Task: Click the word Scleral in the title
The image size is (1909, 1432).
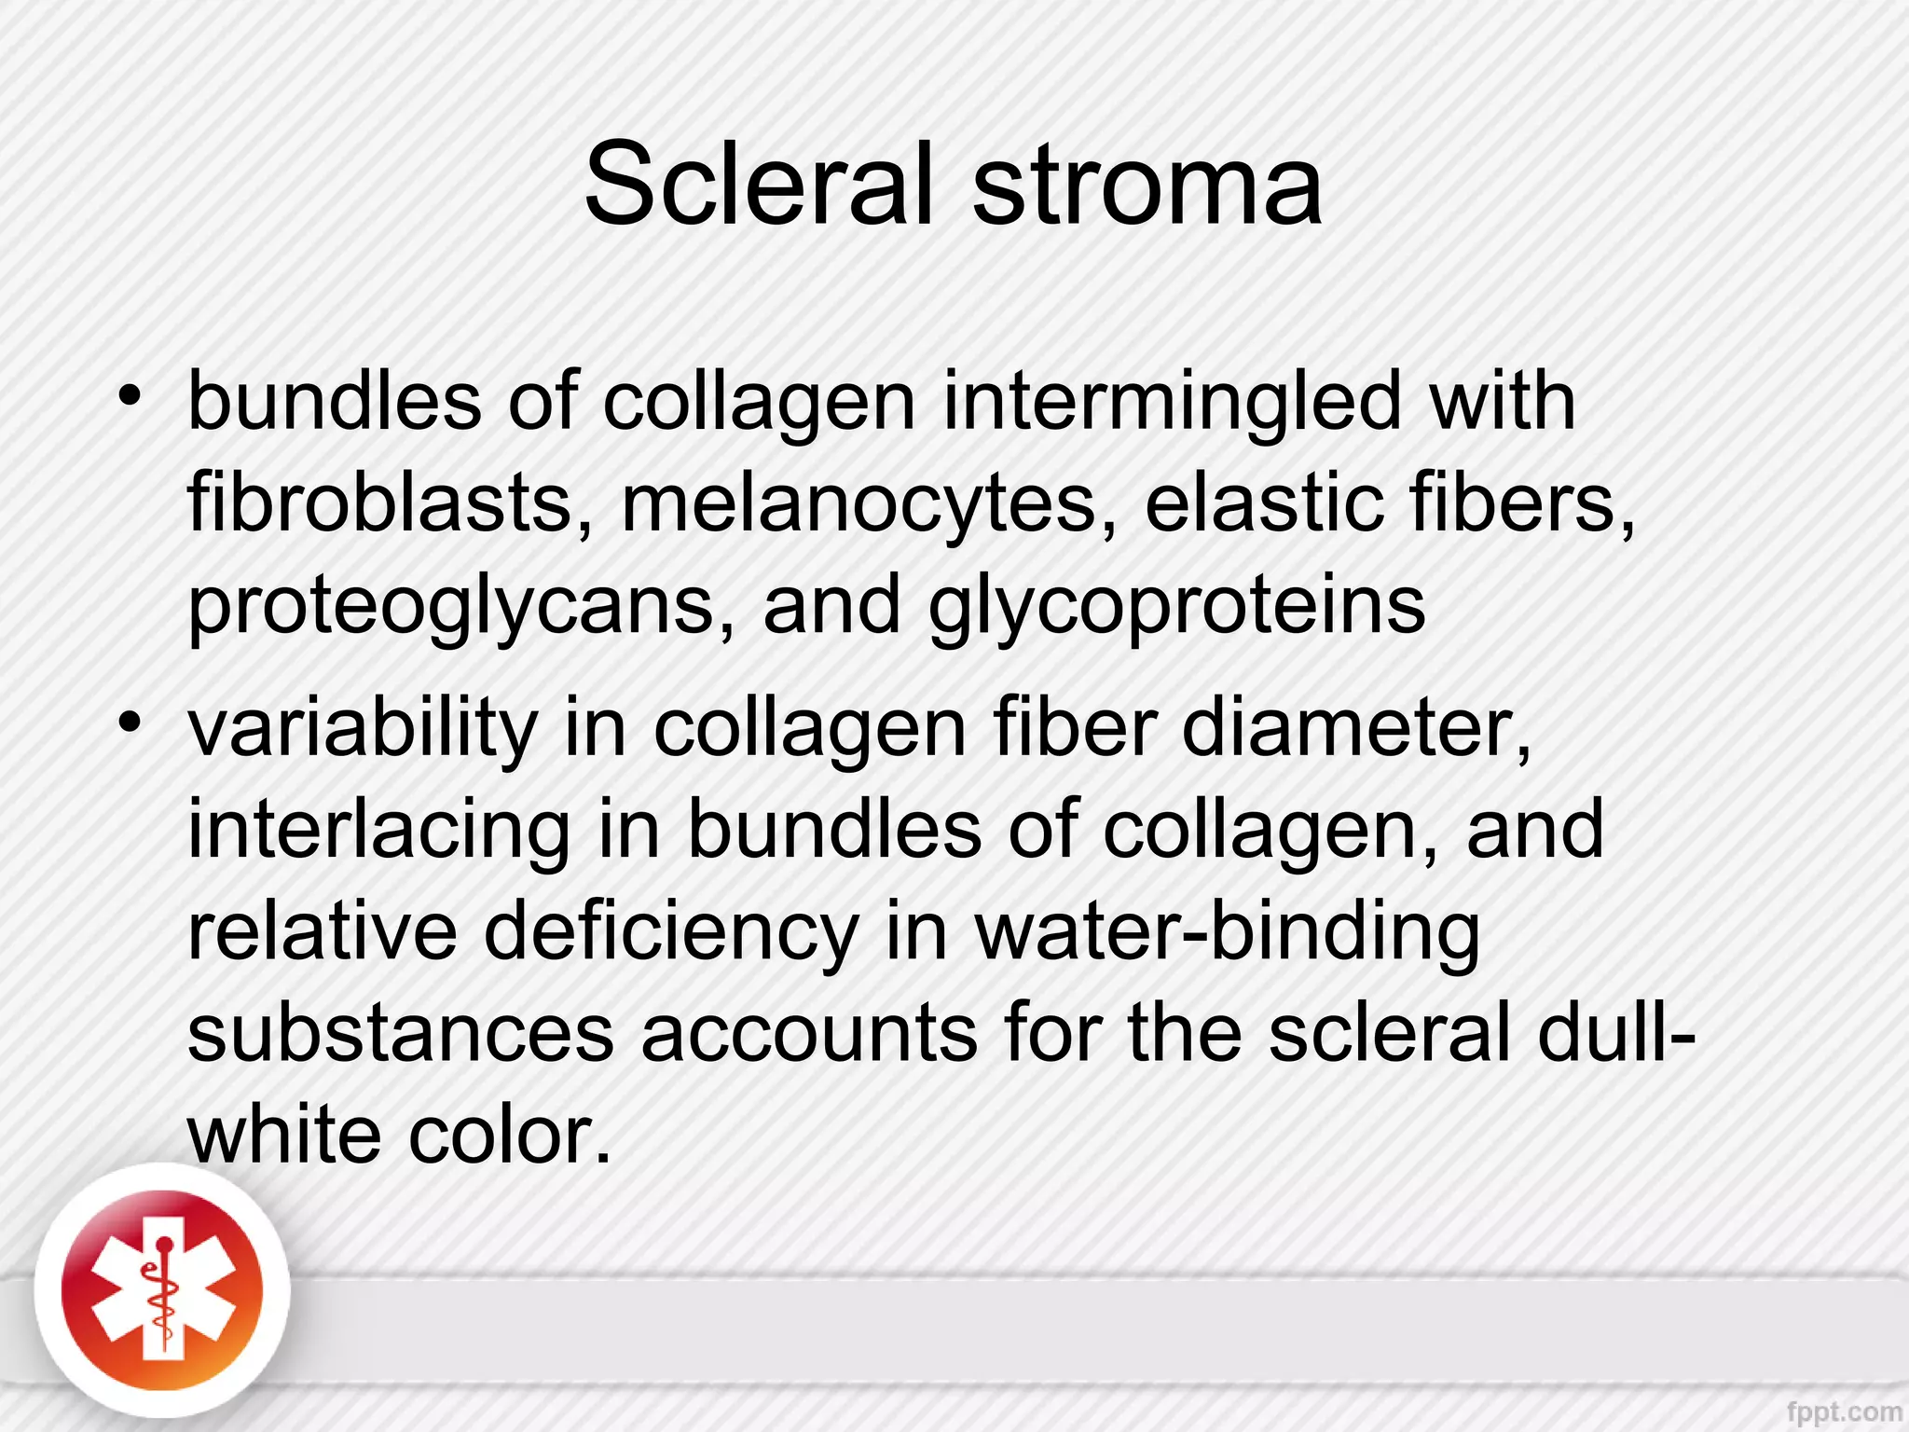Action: pyautogui.click(x=758, y=184)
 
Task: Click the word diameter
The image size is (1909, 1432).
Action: pyautogui.click(x=1356, y=730)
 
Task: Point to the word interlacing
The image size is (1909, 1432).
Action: pyautogui.click(x=378, y=832)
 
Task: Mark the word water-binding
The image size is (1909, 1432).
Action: pyautogui.click(x=1228, y=931)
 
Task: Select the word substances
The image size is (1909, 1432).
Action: pyautogui.click(x=401, y=1033)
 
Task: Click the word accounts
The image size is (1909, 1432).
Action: pyautogui.click(x=808, y=1033)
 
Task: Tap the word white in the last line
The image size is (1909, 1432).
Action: pyautogui.click(x=284, y=1135)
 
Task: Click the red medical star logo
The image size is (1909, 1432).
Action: pyautogui.click(x=162, y=1291)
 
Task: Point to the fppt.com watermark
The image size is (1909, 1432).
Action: pyautogui.click(x=1843, y=1411)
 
